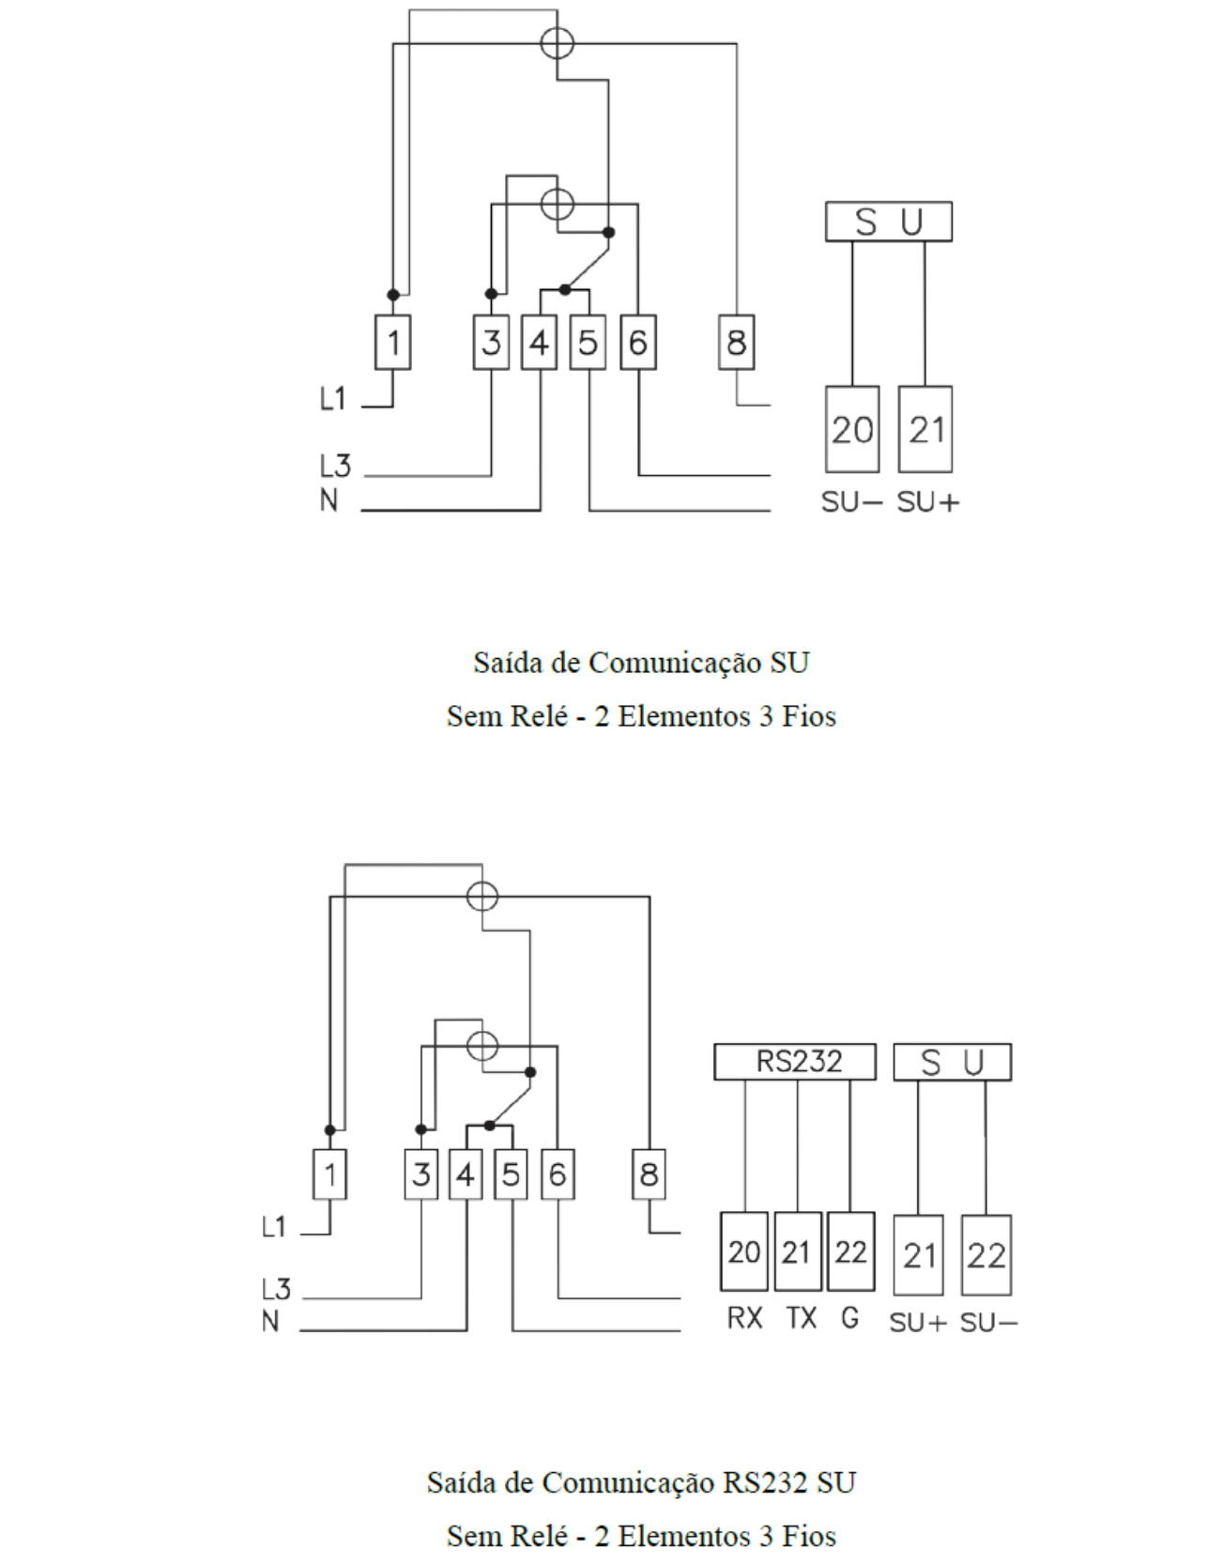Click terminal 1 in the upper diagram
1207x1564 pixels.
[x=393, y=343]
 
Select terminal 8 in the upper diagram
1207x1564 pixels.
[x=737, y=343]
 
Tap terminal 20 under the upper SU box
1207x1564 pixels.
[x=852, y=429]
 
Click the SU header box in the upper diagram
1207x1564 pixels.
[x=889, y=222]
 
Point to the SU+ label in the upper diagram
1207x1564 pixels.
[x=928, y=503]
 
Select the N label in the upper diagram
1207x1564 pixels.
[x=328, y=500]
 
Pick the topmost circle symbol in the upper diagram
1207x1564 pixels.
[x=558, y=43]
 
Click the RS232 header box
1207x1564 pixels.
[x=795, y=1062]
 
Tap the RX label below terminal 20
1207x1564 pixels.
[x=744, y=1318]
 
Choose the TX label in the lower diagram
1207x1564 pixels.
[x=801, y=1318]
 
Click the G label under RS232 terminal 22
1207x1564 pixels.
[x=850, y=1318]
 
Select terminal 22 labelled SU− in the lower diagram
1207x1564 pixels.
[x=986, y=1255]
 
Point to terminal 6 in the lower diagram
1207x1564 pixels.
[x=558, y=1174]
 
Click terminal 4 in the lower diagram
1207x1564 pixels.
[x=466, y=1174]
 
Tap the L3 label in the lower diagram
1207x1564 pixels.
[x=277, y=1289]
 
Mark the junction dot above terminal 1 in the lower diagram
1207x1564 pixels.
[x=329, y=1130]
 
